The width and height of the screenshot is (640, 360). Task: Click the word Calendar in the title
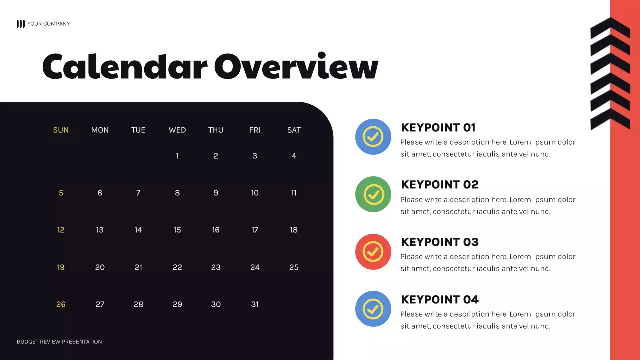[124, 67]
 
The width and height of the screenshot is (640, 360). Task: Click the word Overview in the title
[296, 67]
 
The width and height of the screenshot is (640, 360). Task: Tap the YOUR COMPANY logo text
[48, 24]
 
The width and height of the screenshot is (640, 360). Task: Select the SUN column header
[61, 130]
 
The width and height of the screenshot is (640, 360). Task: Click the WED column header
[177, 130]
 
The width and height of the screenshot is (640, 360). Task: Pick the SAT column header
[294, 130]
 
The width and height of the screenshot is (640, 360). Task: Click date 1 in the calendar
[177, 156]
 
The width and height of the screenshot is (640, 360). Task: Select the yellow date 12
[61, 230]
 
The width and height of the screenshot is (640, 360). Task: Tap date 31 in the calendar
[255, 304]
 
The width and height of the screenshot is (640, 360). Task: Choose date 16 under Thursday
[216, 230]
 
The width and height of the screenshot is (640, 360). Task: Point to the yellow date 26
[61, 304]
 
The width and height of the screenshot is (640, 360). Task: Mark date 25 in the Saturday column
[294, 267]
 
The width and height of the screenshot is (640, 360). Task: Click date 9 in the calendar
[216, 193]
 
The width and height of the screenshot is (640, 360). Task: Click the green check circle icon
[373, 194]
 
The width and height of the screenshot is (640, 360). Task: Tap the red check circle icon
[373, 251]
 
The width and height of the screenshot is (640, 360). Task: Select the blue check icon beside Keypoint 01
[373, 137]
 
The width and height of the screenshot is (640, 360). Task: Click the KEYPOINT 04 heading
[440, 300]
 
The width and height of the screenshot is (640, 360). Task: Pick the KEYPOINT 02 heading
[440, 185]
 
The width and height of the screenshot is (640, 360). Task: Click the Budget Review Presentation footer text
[59, 342]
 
